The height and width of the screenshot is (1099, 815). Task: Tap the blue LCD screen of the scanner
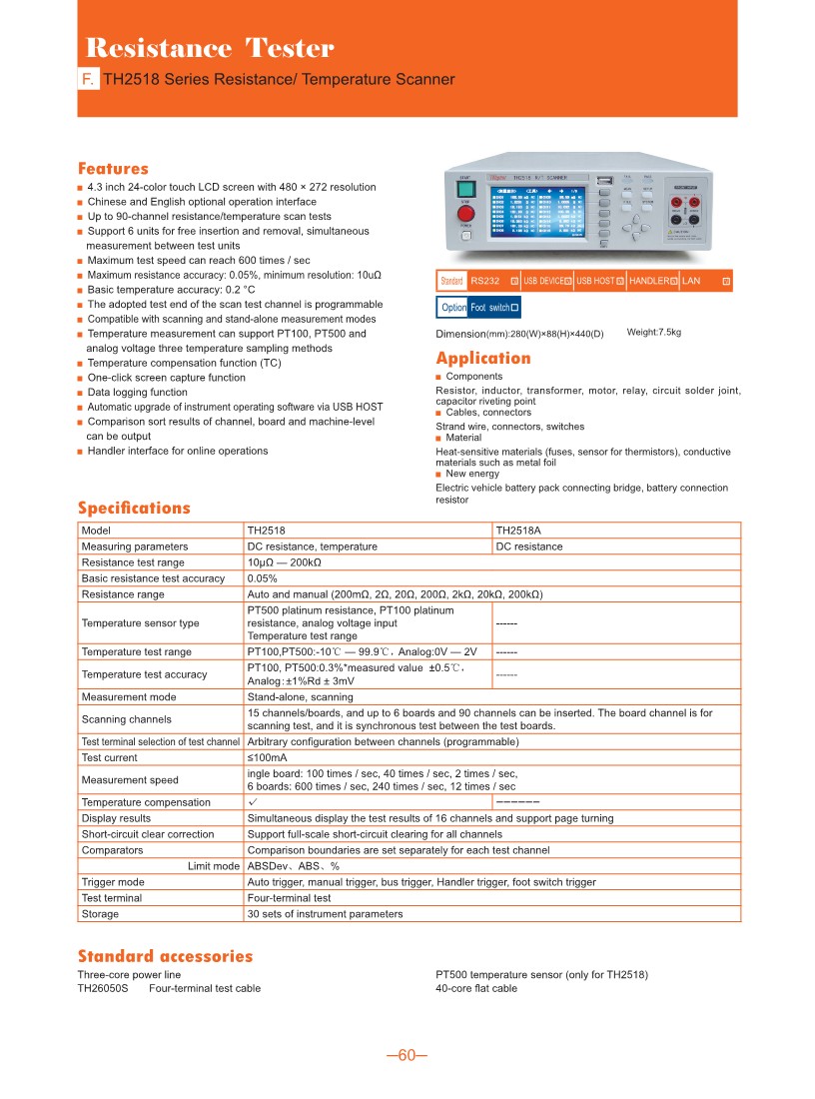point(539,210)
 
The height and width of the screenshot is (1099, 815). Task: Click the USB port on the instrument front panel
point(603,183)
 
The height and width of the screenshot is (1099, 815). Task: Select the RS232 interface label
point(485,282)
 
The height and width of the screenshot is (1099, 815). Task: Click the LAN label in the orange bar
point(691,282)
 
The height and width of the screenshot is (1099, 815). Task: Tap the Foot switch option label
point(489,308)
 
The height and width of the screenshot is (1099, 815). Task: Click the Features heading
point(113,169)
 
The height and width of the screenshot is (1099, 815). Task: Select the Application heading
point(483,359)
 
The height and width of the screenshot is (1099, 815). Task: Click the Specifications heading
point(134,508)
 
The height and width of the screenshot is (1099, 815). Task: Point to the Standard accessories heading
point(165,956)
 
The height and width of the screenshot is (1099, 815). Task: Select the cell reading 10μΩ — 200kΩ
point(284,562)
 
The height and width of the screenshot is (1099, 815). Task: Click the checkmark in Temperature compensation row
point(253,801)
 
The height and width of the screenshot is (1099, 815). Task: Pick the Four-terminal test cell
point(289,898)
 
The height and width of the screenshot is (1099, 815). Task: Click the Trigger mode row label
point(113,882)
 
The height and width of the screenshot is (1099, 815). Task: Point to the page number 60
point(407,1056)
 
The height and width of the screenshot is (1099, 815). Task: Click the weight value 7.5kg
point(653,332)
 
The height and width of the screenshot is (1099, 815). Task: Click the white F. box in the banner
point(88,79)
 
